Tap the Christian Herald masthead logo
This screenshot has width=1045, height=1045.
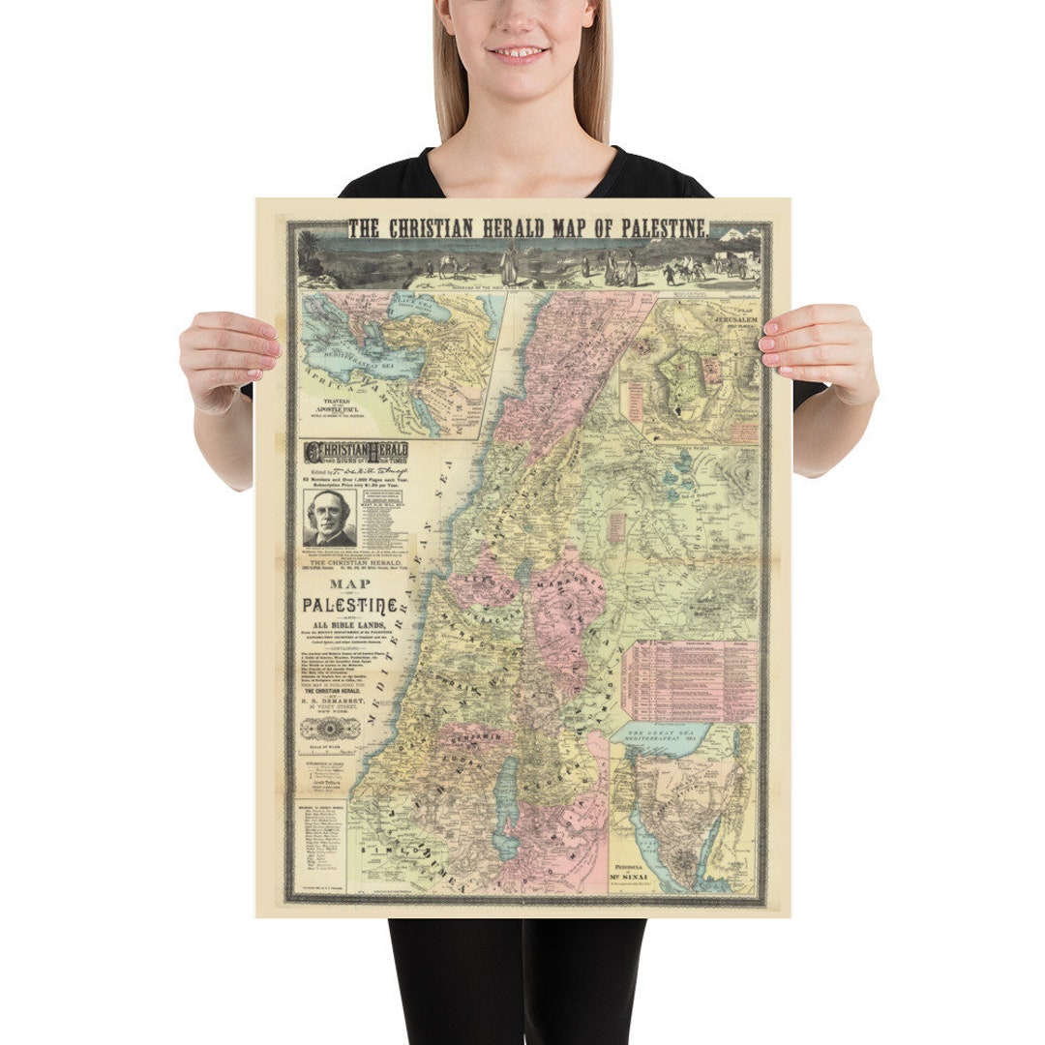356,452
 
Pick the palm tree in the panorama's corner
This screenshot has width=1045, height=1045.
309,246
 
